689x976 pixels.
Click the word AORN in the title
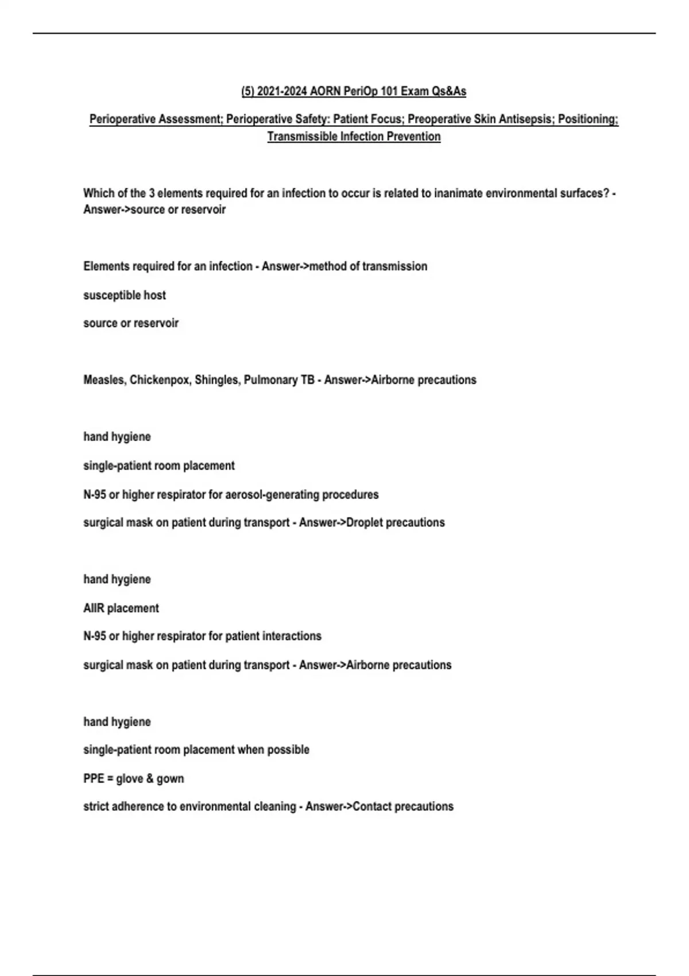[326, 91]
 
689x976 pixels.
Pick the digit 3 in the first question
[152, 193]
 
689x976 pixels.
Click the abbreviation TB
[307, 380]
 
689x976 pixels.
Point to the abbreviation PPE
[94, 779]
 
